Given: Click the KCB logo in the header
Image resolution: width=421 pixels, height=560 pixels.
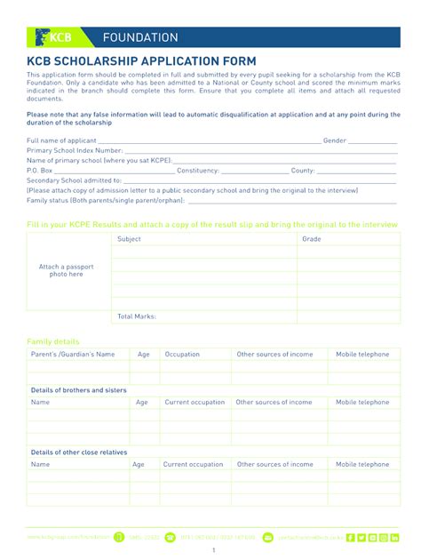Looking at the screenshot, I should [x=53, y=37].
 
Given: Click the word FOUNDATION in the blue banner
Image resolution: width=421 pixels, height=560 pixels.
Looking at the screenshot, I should [x=140, y=37].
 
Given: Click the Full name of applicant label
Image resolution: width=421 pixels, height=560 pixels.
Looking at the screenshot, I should [x=61, y=140].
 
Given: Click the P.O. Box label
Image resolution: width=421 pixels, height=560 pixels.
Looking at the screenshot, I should [x=40, y=170].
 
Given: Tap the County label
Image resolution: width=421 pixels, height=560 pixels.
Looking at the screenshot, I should [x=303, y=170].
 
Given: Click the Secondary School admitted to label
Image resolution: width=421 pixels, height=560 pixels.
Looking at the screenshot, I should [x=74, y=180].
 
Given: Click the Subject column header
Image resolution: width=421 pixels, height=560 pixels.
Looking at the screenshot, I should [x=129, y=239].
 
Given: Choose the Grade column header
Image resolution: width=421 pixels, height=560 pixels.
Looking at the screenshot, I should [x=312, y=239].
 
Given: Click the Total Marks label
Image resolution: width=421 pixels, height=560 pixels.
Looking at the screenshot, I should [x=137, y=316].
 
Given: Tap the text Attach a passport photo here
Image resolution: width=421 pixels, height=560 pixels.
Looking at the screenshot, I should [x=66, y=270].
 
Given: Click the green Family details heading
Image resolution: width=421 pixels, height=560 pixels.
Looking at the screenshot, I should [x=53, y=341].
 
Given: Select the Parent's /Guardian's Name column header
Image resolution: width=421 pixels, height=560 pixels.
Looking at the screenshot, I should [x=73, y=355].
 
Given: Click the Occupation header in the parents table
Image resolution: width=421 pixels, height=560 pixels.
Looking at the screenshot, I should [x=182, y=355].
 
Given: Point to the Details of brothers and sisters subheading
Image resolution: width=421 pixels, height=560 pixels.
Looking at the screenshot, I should [x=78, y=390].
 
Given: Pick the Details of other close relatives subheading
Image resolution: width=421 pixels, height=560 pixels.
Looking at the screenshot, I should [x=79, y=452].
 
